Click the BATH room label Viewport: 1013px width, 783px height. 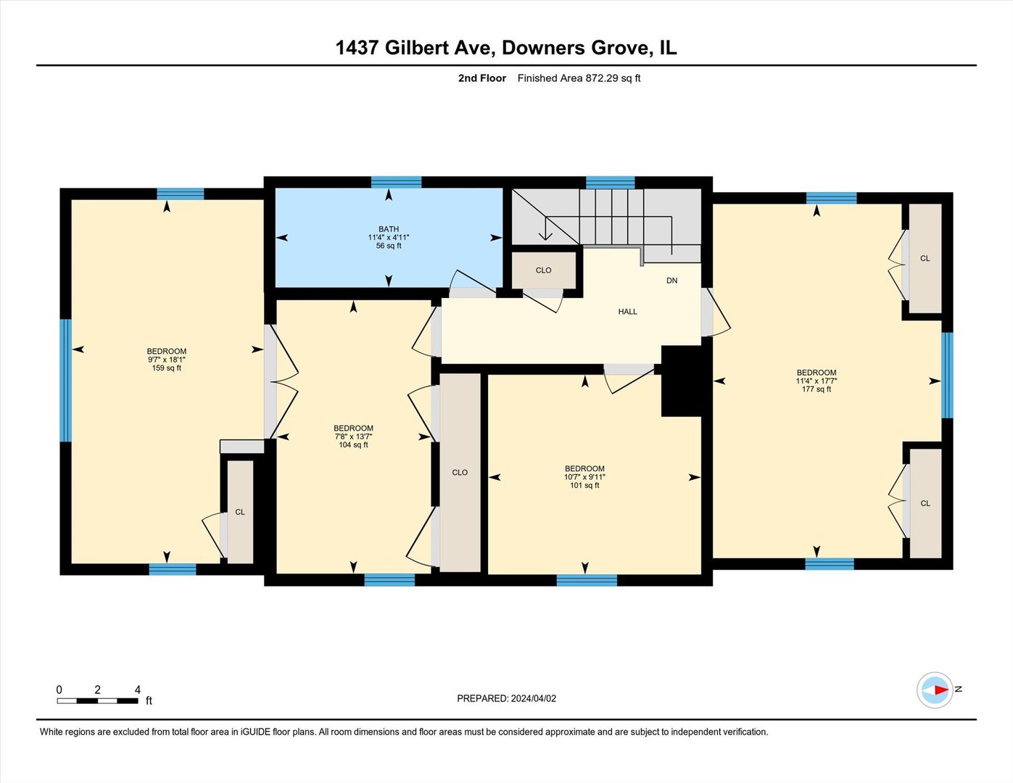(389, 229)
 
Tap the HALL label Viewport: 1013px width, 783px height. (627, 312)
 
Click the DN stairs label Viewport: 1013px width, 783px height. (671, 281)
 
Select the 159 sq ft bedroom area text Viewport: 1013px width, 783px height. (167, 368)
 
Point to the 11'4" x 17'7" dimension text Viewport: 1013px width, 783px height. (816, 381)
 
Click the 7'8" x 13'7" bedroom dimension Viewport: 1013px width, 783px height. (353, 436)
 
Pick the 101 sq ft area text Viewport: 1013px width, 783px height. (584, 485)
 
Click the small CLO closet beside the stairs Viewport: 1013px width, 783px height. (544, 270)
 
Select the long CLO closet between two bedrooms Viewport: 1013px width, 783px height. (460, 472)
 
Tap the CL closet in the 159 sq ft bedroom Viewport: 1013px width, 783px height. (240, 512)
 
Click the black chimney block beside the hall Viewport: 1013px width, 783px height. (682, 381)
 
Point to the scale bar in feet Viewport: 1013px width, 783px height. (98, 700)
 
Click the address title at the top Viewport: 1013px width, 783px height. (505, 48)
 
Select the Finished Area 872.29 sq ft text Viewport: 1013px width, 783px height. (579, 78)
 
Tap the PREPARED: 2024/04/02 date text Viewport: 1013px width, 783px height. (506, 698)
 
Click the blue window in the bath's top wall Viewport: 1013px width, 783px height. (396, 182)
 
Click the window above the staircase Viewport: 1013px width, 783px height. (610, 182)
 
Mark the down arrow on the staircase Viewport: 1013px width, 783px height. (545, 233)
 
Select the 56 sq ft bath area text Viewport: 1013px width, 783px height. (389, 246)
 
